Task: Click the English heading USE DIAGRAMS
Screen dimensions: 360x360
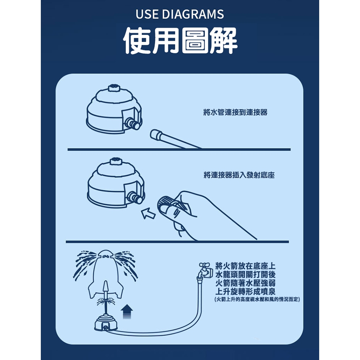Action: [180, 14]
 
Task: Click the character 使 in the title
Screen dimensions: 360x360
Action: [137, 40]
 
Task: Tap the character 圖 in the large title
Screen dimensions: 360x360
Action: [195, 40]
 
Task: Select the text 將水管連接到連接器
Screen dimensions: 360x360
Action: [235, 112]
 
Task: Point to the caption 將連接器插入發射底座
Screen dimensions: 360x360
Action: [239, 175]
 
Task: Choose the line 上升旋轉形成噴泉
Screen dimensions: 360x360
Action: [245, 291]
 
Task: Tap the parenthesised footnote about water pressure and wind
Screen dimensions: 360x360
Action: [257, 300]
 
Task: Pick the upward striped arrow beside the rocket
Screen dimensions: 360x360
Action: [127, 311]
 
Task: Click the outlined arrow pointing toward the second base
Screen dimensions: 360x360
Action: [148, 213]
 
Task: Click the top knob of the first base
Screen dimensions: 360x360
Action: [114, 88]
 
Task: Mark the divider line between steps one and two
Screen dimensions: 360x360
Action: [179, 150]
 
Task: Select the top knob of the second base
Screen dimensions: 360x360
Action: [116, 161]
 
